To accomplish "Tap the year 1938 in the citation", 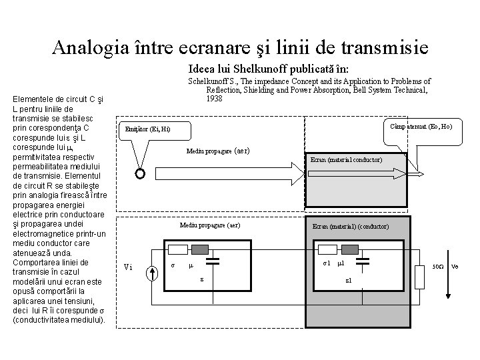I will (x=214, y=99).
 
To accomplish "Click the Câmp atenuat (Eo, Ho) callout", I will (x=421, y=126).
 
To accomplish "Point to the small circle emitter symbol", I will (x=140, y=174).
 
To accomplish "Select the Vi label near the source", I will (x=129, y=268).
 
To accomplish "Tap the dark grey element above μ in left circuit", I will (x=200, y=250).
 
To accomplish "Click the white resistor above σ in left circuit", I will (x=177, y=250).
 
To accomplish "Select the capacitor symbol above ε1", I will (x=362, y=263).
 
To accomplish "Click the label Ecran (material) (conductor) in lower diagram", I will (x=351, y=227).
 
